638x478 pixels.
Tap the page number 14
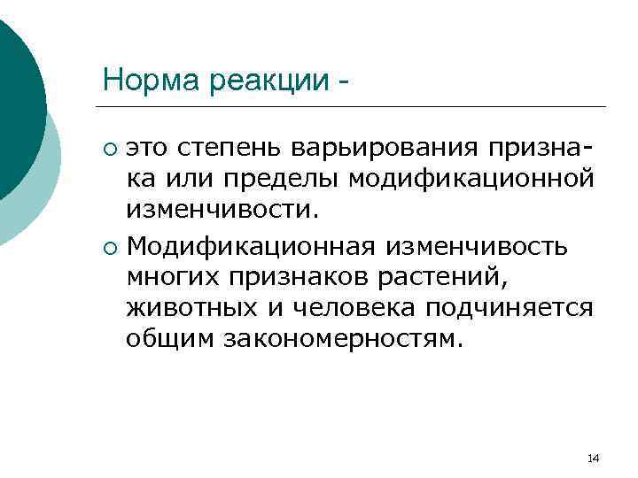tap(594, 458)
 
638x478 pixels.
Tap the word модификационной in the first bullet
tap(470, 178)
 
